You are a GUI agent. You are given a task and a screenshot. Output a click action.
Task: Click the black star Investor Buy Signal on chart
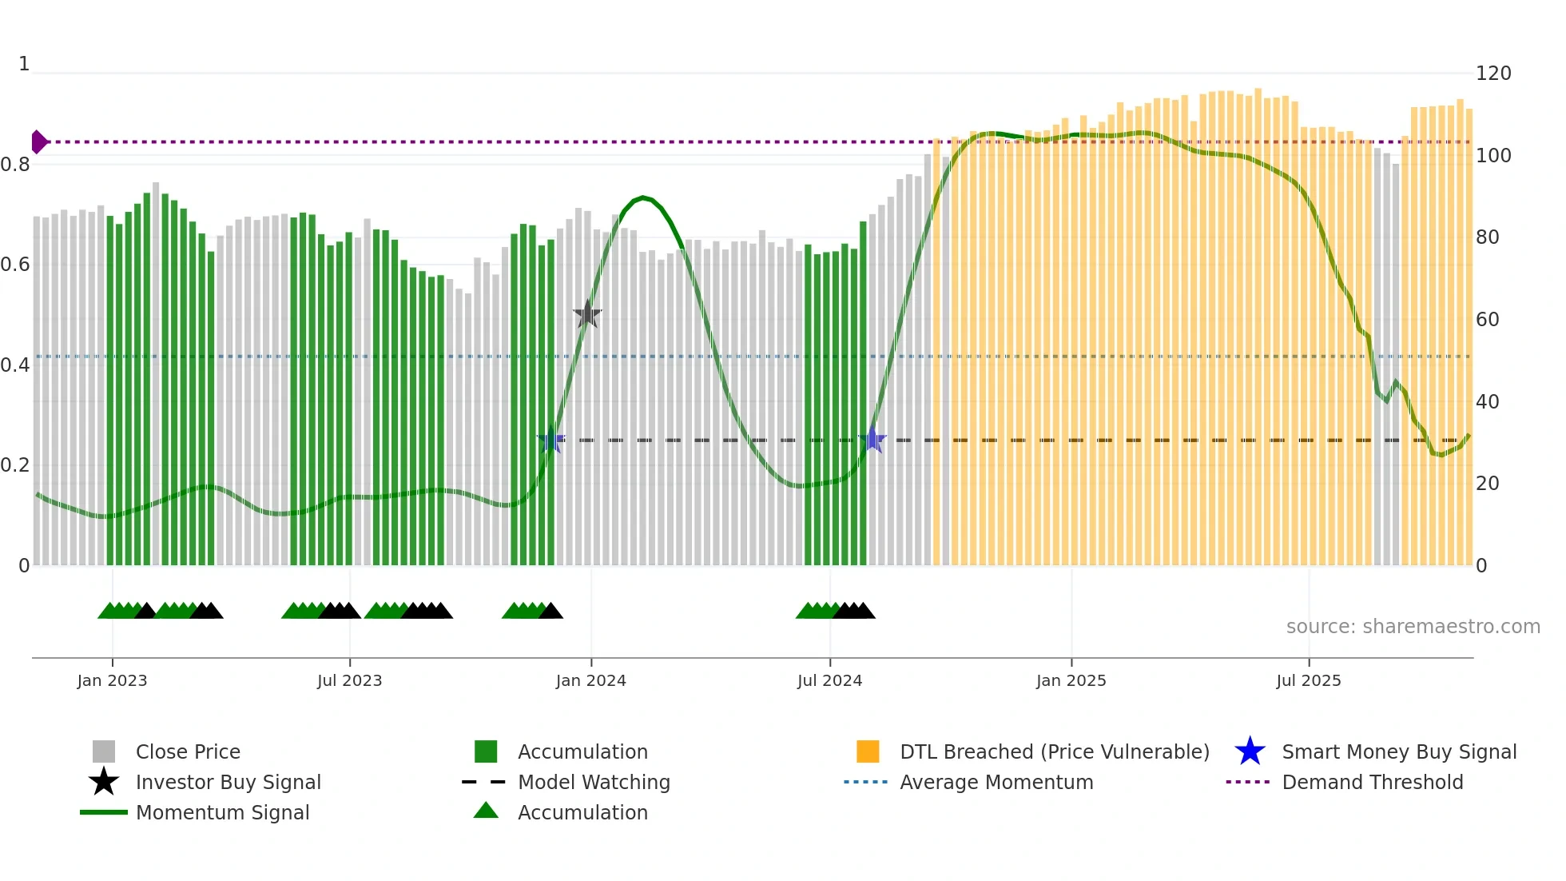point(587,314)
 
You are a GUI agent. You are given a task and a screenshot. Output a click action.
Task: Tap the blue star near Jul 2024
point(872,440)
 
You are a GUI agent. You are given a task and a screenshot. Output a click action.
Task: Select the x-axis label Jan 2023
point(112,680)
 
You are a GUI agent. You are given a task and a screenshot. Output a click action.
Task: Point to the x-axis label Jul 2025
point(1308,680)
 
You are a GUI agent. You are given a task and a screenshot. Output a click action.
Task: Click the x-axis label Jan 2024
point(590,680)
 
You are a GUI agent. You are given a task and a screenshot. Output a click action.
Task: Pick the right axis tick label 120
point(1492,74)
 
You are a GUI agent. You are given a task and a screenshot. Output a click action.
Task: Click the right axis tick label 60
point(1487,320)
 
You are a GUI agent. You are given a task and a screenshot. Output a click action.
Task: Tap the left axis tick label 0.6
point(15,265)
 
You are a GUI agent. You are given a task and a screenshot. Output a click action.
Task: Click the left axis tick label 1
point(24,64)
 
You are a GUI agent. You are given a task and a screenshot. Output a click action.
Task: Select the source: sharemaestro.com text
point(1413,627)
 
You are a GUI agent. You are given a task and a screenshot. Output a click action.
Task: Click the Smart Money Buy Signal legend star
point(1250,751)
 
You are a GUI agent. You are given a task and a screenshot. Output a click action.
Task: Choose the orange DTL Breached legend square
point(868,751)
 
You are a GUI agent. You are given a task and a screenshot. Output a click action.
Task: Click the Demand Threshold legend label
point(1372,782)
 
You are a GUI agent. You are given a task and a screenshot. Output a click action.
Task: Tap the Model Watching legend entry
point(594,782)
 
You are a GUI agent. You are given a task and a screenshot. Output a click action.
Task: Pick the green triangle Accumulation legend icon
point(486,811)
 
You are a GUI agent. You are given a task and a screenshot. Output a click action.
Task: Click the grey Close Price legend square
point(104,751)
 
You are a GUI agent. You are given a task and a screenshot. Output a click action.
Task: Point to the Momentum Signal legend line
point(104,812)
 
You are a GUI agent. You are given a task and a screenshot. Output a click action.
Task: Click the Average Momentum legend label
point(996,782)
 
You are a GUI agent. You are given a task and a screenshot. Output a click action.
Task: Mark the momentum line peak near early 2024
point(643,197)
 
